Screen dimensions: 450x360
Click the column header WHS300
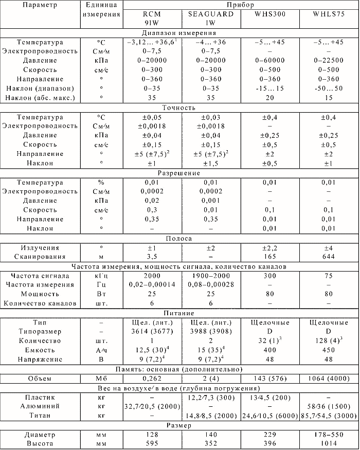coord(270,14)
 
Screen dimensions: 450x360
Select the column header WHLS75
coord(329,14)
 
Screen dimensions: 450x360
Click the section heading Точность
coord(179,108)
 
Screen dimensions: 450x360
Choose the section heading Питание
coord(179,313)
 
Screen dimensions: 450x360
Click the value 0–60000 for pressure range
coord(270,60)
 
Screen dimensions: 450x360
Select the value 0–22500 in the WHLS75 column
coord(329,60)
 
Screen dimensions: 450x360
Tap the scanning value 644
coord(329,257)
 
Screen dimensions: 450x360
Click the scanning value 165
coord(270,257)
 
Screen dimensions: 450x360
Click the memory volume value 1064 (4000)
coord(329,378)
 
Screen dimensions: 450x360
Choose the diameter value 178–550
coord(329,435)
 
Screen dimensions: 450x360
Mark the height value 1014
coord(329,444)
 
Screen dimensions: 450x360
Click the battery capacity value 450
coord(329,350)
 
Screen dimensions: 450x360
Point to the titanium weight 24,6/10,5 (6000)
coord(270,416)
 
